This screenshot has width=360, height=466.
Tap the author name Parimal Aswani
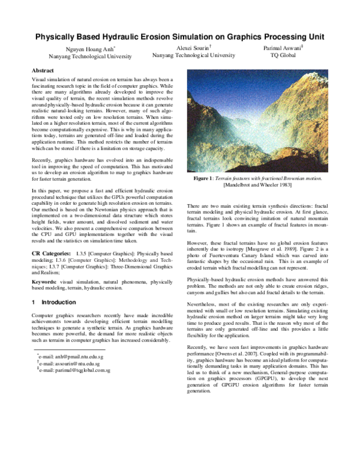(286, 47)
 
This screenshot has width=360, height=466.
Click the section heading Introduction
(58, 302)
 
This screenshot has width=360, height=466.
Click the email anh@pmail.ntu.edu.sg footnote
(71, 356)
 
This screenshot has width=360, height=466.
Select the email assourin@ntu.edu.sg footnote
(69, 363)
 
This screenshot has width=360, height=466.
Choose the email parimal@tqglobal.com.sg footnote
(74, 370)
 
